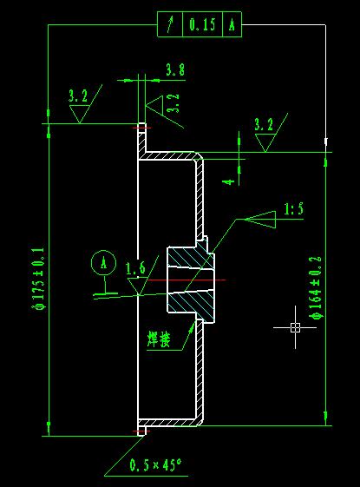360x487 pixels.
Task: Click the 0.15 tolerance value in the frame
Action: click(x=202, y=24)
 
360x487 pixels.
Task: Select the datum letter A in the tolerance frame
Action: click(x=232, y=24)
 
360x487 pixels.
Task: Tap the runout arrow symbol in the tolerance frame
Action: click(x=170, y=24)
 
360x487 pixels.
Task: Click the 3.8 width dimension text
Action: click(x=175, y=69)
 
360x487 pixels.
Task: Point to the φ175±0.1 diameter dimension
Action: click(x=39, y=279)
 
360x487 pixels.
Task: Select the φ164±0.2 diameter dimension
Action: click(x=317, y=287)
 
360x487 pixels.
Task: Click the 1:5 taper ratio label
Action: click(x=294, y=208)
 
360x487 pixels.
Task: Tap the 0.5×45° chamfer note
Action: click(x=155, y=465)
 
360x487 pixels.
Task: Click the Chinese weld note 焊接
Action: click(x=159, y=339)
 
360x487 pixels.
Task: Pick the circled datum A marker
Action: click(x=103, y=263)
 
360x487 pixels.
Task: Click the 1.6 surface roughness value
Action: click(x=135, y=267)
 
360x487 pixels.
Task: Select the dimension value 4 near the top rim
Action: click(x=229, y=181)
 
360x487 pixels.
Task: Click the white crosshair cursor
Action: click(x=295, y=327)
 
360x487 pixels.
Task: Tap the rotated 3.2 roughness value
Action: click(x=173, y=102)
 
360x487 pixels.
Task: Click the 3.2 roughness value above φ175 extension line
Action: click(x=78, y=95)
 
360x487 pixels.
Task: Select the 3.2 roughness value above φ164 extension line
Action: click(x=264, y=124)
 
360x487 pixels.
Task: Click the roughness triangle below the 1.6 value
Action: click(x=138, y=286)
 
